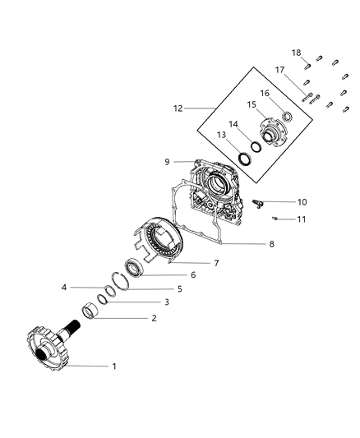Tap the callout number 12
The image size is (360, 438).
pos(178,108)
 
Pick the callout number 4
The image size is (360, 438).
pos(63,288)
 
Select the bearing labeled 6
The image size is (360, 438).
pos(135,267)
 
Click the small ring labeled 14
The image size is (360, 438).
pos(256,146)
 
